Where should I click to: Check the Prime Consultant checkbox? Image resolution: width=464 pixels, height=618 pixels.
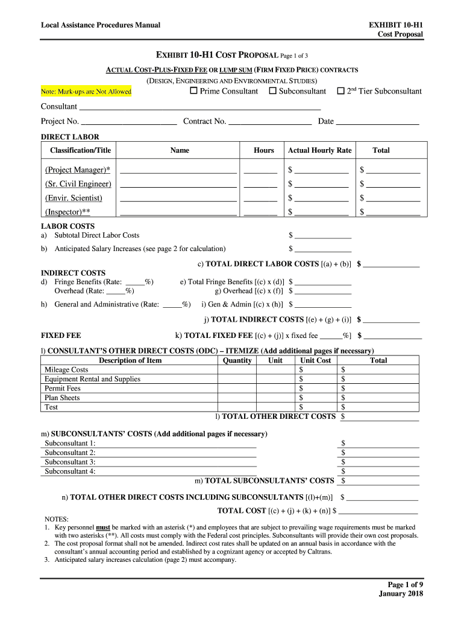[193, 91]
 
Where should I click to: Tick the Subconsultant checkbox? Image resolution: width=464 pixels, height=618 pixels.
[272, 91]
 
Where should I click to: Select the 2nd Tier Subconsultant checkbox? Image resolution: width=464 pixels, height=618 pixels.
[340, 91]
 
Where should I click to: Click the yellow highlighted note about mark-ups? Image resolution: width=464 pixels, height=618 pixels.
[86, 92]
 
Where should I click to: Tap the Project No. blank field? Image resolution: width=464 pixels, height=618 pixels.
[129, 121]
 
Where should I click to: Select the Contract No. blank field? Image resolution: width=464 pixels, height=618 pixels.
[270, 121]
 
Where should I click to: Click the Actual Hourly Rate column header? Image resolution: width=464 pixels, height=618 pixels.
[319, 150]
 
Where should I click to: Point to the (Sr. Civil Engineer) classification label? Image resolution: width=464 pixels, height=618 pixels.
[78, 183]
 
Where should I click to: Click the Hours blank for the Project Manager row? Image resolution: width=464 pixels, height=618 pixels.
[260, 170]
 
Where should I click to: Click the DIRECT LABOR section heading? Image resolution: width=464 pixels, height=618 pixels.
[70, 137]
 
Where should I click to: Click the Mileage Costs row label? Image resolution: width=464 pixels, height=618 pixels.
[66, 369]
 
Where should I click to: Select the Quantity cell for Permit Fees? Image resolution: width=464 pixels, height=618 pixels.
[237, 388]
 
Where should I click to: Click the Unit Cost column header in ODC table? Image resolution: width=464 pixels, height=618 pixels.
[315, 360]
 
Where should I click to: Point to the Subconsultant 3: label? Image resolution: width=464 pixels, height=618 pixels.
[70, 462]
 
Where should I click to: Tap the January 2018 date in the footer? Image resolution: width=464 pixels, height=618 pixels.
[401, 593]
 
